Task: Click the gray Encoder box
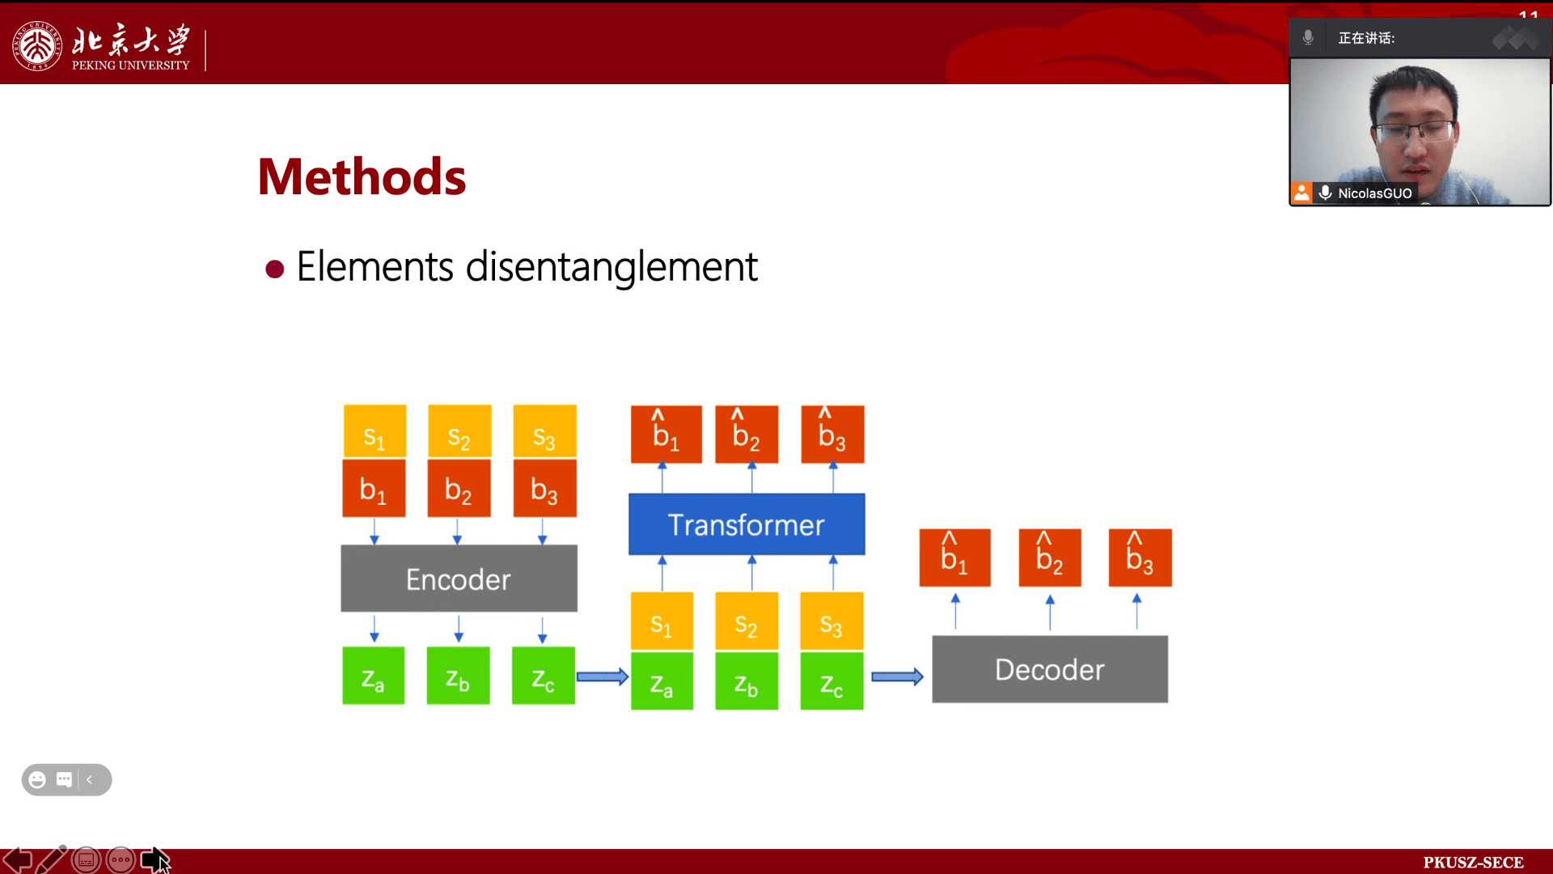[x=459, y=578]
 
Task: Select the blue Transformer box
[x=747, y=524]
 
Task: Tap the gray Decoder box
[x=1050, y=669]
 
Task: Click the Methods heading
[x=362, y=176]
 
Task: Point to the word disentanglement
[x=611, y=266]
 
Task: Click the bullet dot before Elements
[x=275, y=269]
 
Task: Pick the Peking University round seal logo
[x=36, y=46]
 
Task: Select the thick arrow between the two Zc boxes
[x=603, y=677]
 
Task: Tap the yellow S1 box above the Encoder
[x=374, y=432]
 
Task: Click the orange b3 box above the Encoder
[x=544, y=489]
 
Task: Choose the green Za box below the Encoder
[x=373, y=676]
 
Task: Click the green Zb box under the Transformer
[x=747, y=681]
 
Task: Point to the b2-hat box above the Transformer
[x=747, y=435]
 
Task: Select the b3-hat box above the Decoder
[x=1140, y=558]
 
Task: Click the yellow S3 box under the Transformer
[x=832, y=622]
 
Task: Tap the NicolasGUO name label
[x=1374, y=193]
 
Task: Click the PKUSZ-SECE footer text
[x=1473, y=863]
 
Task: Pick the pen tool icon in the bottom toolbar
[x=52, y=859]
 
